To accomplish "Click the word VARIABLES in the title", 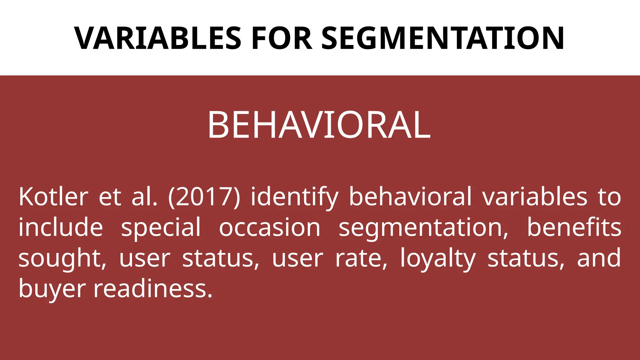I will [157, 38].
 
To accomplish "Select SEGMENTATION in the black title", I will [442, 38].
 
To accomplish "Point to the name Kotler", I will [53, 197].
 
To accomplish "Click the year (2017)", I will [204, 197].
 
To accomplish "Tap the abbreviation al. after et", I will [145, 197].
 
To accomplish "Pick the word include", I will [61, 227].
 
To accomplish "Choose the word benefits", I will [574, 227].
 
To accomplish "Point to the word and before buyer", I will [599, 258].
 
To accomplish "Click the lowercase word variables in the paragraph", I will [535, 197].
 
